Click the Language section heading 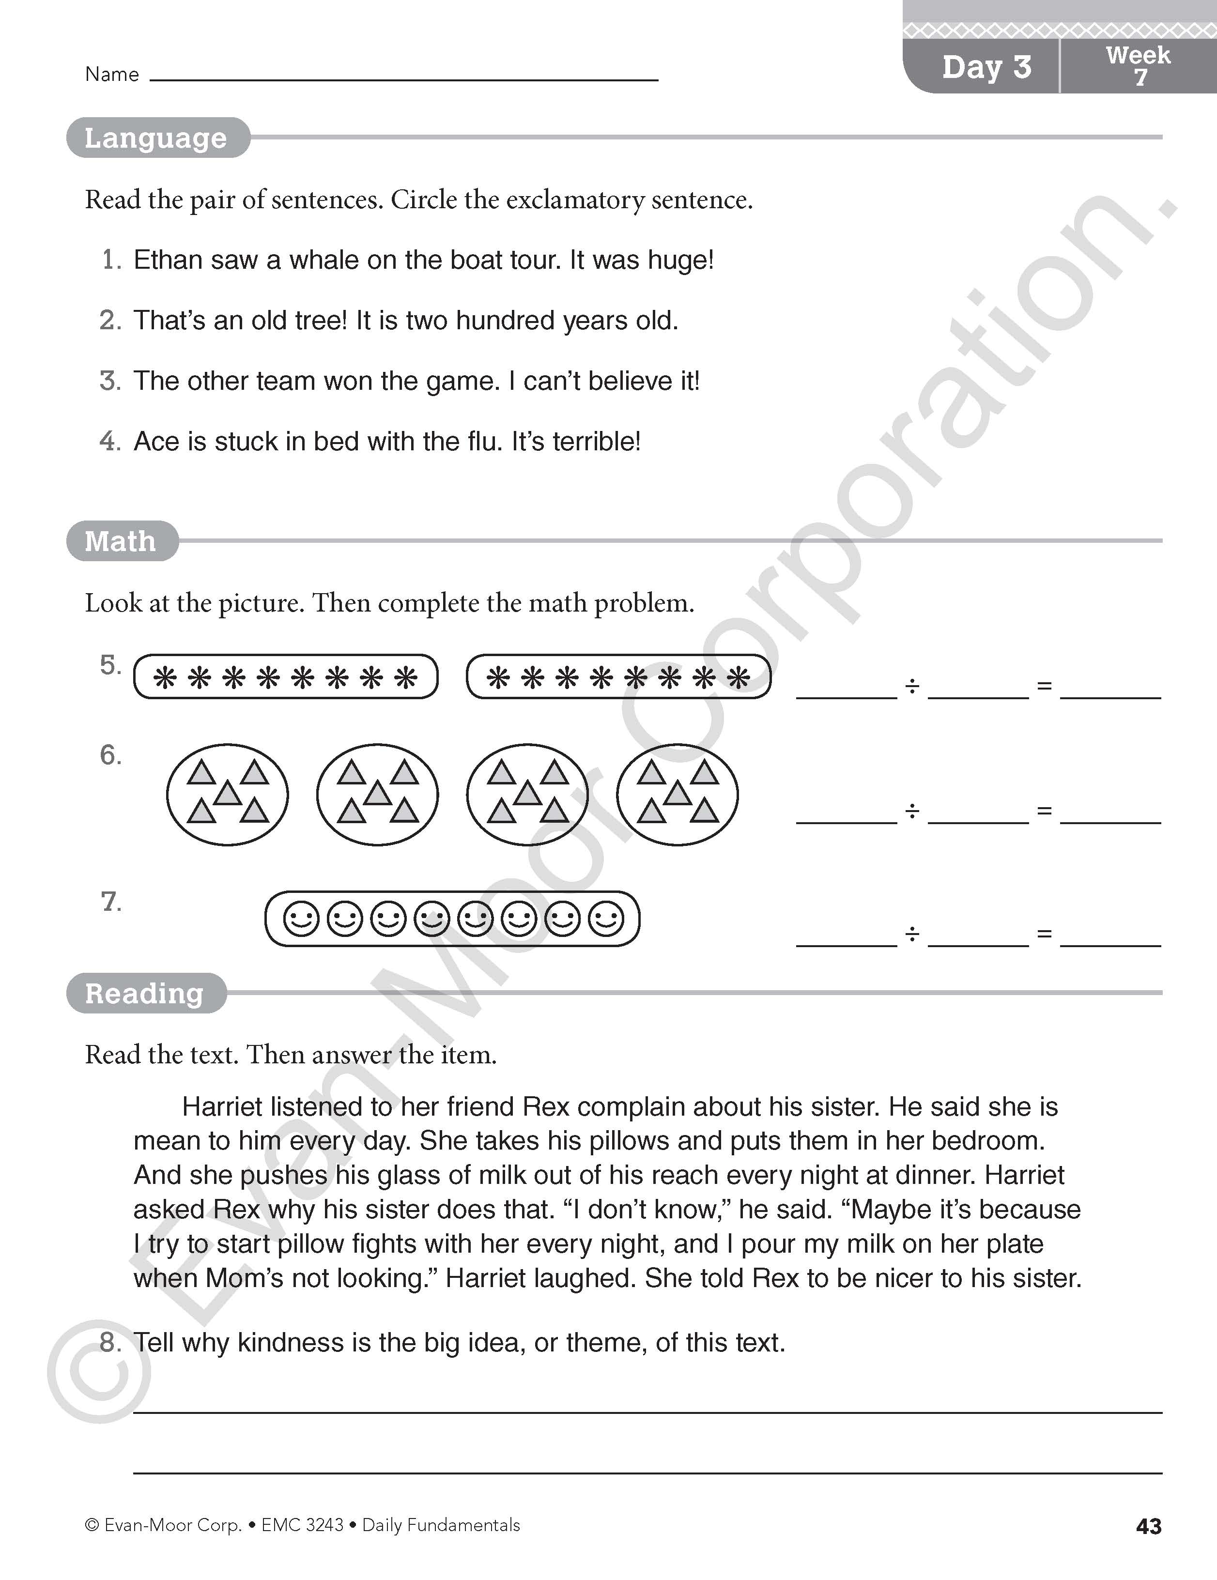point(155,138)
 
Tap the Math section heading point(120,541)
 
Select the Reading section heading point(144,993)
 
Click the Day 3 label point(986,67)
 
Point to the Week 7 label point(1138,65)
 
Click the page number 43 point(1148,1526)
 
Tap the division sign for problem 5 point(912,686)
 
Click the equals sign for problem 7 point(1044,934)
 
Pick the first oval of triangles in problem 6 point(227,794)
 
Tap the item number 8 point(110,1343)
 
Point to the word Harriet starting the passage point(221,1107)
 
